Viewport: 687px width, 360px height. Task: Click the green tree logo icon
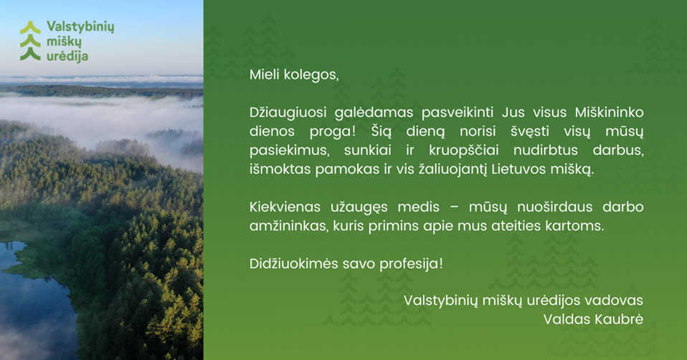(30, 41)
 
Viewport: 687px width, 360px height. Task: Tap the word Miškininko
(609, 113)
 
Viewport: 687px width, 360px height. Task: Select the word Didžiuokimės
(290, 263)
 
